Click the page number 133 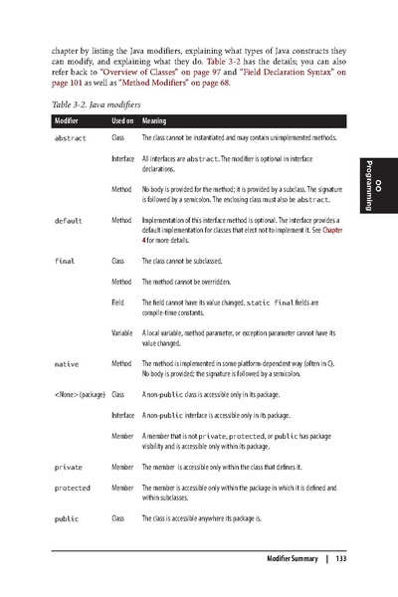point(339,557)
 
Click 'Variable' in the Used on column point(123,330)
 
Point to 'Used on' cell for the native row point(123,365)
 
